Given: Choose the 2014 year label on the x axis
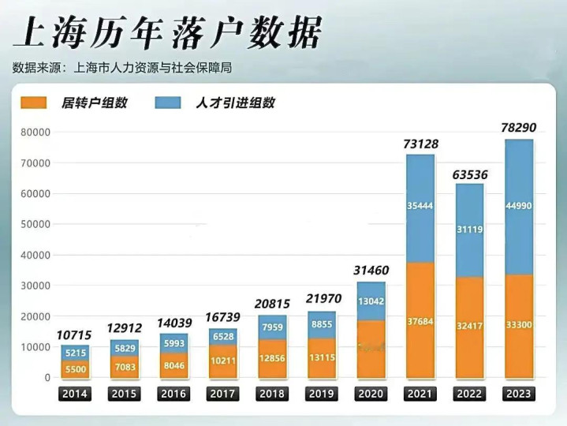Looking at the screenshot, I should click(75, 394).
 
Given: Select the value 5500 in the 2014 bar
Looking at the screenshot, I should click(75, 368).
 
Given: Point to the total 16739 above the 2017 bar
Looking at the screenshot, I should click(223, 316).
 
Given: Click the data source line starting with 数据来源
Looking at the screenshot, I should click(122, 67).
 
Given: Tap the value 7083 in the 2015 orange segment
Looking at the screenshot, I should click(125, 367).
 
